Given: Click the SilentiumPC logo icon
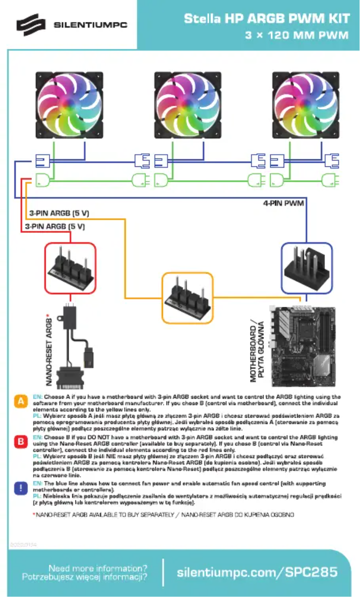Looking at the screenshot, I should pyautogui.click(x=31, y=25).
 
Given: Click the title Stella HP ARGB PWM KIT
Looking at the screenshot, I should pyautogui.click(x=267, y=19).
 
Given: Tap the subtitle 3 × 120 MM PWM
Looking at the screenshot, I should pyautogui.click(x=297, y=35).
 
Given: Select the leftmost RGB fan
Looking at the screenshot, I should pyautogui.click(x=70, y=105).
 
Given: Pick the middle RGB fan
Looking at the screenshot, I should pyautogui.click(x=188, y=105).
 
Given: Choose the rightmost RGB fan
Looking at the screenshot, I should pyautogui.click(x=306, y=105).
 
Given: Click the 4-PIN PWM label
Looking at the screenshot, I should pyautogui.click(x=283, y=203).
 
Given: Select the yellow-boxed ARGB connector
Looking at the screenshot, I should pyautogui.click(x=187, y=298).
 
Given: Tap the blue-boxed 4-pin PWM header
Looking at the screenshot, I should pyautogui.click(x=306, y=268).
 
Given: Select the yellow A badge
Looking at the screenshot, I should pyautogui.click(x=21, y=401).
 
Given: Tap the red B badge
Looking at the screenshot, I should pyautogui.click(x=21, y=441).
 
